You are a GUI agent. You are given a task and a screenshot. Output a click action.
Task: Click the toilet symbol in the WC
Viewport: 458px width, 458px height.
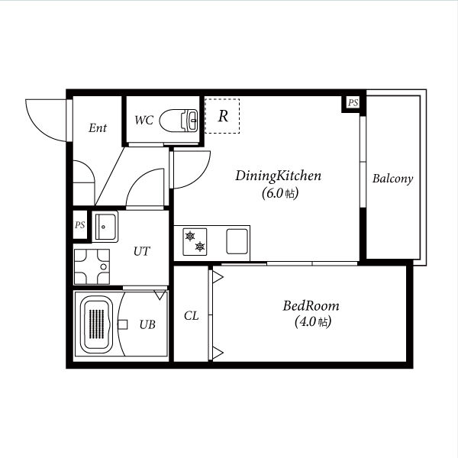179,120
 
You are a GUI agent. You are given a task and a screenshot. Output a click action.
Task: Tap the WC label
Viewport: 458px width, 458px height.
144,120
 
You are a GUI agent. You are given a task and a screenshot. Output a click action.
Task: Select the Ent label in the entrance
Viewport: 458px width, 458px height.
98,127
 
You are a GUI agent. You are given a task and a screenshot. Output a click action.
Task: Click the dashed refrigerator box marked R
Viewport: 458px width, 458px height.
222,116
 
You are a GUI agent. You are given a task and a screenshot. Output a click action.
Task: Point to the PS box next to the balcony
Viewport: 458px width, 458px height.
353,103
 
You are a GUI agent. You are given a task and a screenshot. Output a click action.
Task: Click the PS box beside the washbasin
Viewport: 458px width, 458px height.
80,224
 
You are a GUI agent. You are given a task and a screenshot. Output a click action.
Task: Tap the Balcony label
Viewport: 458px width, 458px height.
392,179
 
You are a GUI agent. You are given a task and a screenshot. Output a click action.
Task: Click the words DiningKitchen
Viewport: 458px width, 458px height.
278,176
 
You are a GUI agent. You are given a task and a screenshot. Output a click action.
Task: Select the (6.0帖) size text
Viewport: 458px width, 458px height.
280,193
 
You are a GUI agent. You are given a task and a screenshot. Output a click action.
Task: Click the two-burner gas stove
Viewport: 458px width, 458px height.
195,242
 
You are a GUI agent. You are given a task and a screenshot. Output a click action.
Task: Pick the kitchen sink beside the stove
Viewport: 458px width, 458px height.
237,241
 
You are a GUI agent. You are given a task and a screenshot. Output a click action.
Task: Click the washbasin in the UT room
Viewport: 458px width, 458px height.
105,227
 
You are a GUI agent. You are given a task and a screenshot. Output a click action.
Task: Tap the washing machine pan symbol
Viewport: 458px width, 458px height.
92,266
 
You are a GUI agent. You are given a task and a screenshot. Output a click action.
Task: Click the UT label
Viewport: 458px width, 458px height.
142,251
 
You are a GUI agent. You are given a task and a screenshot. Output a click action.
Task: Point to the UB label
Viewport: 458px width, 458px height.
147,324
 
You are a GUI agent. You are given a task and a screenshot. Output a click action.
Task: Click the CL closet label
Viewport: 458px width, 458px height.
192,316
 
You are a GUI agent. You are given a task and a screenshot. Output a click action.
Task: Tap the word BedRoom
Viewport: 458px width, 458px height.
311,306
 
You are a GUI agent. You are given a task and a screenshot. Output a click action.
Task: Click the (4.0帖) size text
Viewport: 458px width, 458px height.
313,322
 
